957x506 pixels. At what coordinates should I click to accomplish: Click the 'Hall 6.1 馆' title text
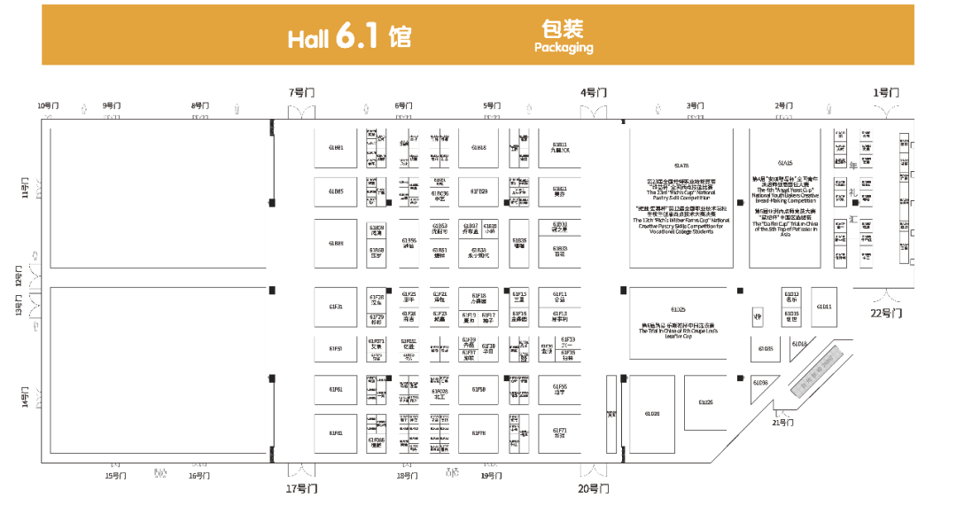349,38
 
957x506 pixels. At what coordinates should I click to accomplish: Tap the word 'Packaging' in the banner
564,48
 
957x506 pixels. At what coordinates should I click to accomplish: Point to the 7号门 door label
301,92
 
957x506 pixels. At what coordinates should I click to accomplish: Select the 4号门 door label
593,92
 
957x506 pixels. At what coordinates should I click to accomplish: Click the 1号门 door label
885,92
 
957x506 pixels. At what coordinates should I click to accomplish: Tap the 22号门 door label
885,312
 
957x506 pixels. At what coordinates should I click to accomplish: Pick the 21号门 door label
782,422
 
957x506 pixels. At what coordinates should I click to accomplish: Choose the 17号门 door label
301,488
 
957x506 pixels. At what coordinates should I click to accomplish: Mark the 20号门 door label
593,488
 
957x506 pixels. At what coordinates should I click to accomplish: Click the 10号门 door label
48,105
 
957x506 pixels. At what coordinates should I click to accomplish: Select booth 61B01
336,147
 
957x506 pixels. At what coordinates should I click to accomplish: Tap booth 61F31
336,307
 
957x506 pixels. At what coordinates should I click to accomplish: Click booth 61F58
478,389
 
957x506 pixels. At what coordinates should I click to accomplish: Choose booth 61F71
559,433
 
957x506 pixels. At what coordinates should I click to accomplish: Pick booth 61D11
823,307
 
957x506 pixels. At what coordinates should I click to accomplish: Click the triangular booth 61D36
760,382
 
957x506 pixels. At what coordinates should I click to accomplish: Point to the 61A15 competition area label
784,164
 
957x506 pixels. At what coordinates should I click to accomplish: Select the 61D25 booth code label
678,309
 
